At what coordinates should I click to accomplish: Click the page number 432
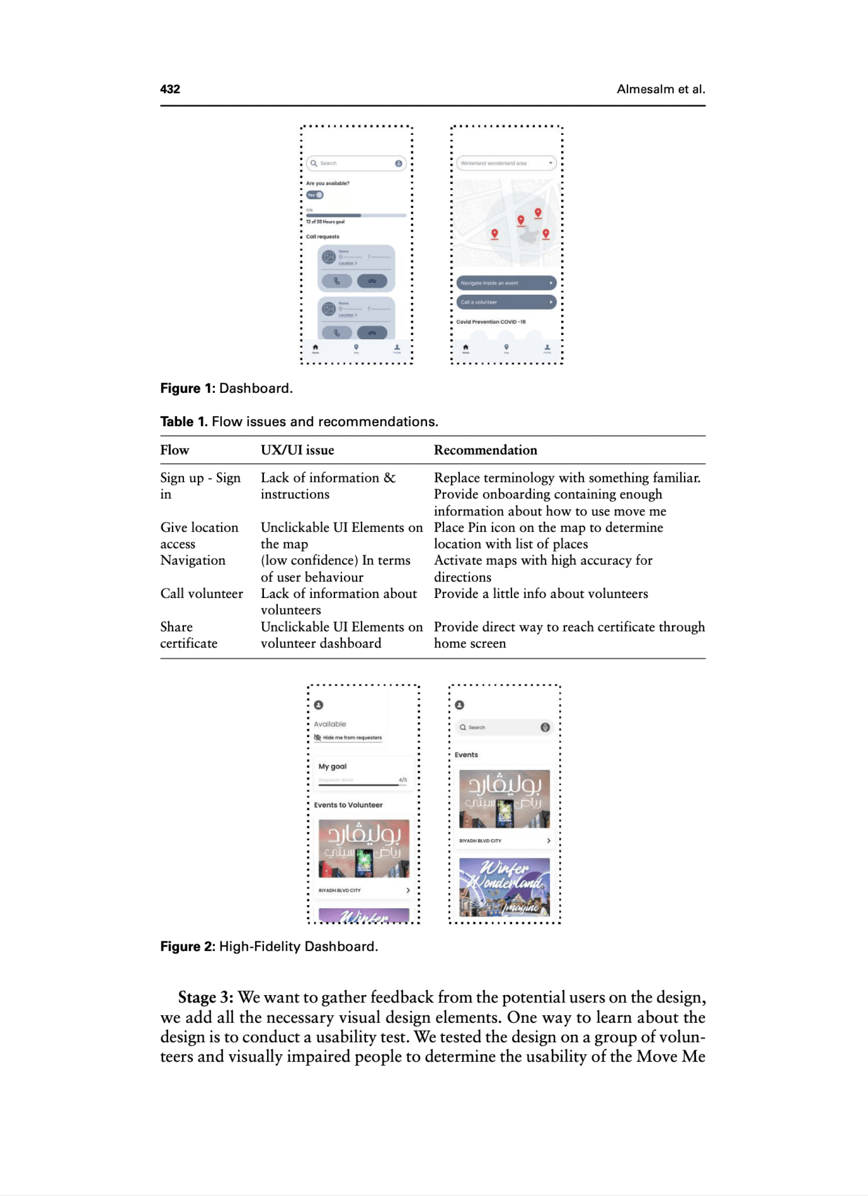[170, 89]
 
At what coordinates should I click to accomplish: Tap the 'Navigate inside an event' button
[506, 283]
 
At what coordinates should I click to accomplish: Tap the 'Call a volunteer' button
[506, 302]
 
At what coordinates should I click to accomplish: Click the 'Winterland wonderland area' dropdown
[506, 163]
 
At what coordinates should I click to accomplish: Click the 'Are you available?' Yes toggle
[315, 195]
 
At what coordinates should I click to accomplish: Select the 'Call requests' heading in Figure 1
[323, 237]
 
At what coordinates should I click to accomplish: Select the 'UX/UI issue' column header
[297, 450]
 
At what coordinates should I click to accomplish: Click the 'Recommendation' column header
[485, 450]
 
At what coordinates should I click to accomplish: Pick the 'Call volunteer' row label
[202, 594]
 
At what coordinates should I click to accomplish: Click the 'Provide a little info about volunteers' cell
[540, 594]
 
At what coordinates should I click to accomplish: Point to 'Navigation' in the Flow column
[193, 561]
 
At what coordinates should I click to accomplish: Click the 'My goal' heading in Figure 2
[332, 766]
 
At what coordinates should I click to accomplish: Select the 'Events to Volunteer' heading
[348, 805]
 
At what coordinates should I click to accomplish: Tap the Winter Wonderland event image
[504, 887]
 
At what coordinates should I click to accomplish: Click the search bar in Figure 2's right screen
[504, 727]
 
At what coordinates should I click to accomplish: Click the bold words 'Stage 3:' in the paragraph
[206, 998]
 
